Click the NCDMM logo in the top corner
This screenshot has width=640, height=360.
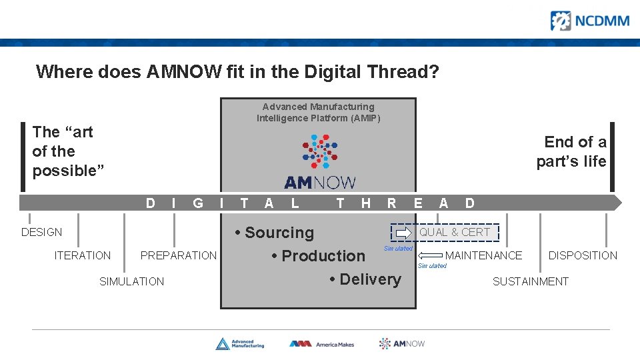tap(589, 21)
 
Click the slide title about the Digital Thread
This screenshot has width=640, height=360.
tap(237, 71)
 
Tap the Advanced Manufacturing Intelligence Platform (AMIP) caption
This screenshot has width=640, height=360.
tap(318, 112)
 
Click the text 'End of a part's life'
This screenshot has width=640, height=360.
tap(571, 151)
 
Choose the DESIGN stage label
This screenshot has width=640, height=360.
tap(41, 232)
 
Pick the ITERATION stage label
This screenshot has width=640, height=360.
tap(83, 255)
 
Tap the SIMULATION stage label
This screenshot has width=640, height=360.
tap(131, 281)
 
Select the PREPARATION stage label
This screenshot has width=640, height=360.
tap(178, 255)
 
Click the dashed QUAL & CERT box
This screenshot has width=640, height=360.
tap(445, 232)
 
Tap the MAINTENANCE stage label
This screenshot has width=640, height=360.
tap(483, 255)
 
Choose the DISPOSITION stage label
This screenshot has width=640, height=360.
tap(582, 255)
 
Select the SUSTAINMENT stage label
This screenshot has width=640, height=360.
tap(530, 281)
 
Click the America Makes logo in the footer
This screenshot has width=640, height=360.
tap(321, 344)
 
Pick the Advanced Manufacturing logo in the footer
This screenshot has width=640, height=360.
tap(239, 344)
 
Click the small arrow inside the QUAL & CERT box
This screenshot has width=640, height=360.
tap(404, 233)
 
